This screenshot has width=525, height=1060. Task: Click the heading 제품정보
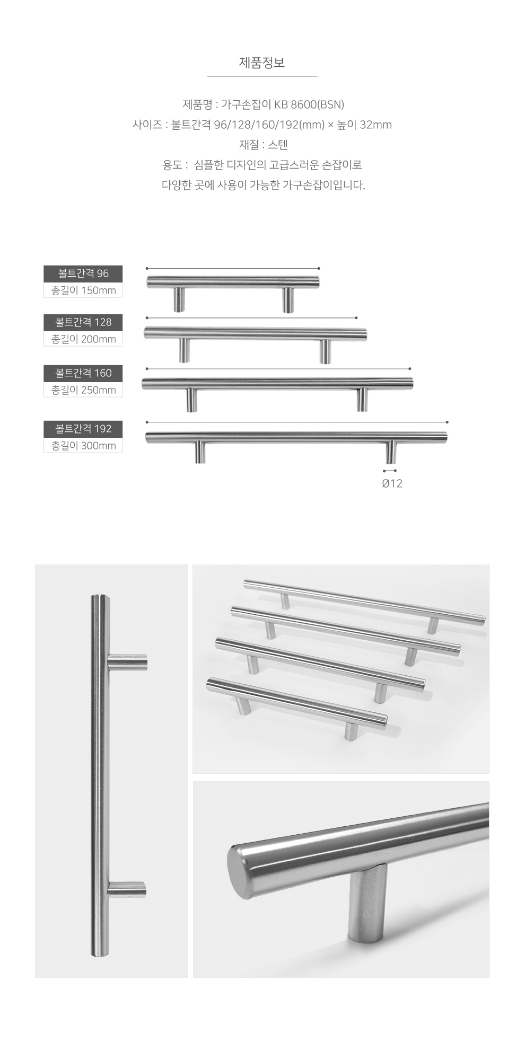click(262, 63)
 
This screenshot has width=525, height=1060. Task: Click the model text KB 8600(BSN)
click(312, 104)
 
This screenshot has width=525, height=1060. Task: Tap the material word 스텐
click(278, 145)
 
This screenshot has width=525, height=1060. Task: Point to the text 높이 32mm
click(364, 125)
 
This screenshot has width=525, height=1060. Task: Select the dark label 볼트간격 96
click(83, 273)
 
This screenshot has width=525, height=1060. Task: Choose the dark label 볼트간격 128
click(83, 322)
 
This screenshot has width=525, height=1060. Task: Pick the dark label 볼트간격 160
click(83, 373)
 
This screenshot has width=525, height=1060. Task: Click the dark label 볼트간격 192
click(83, 429)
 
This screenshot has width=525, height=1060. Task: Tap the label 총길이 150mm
click(83, 290)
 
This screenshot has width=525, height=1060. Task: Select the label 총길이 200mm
click(83, 339)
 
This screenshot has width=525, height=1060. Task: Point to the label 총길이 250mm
click(83, 390)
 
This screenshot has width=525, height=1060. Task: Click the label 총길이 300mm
click(83, 446)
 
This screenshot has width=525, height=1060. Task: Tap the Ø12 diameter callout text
click(392, 483)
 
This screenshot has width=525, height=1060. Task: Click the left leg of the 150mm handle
click(180, 300)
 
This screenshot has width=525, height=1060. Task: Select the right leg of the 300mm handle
click(391, 452)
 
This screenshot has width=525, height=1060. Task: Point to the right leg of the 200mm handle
click(325, 351)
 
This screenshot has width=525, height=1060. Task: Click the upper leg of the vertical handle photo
click(127, 662)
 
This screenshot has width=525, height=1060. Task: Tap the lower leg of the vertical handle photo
click(126, 889)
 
